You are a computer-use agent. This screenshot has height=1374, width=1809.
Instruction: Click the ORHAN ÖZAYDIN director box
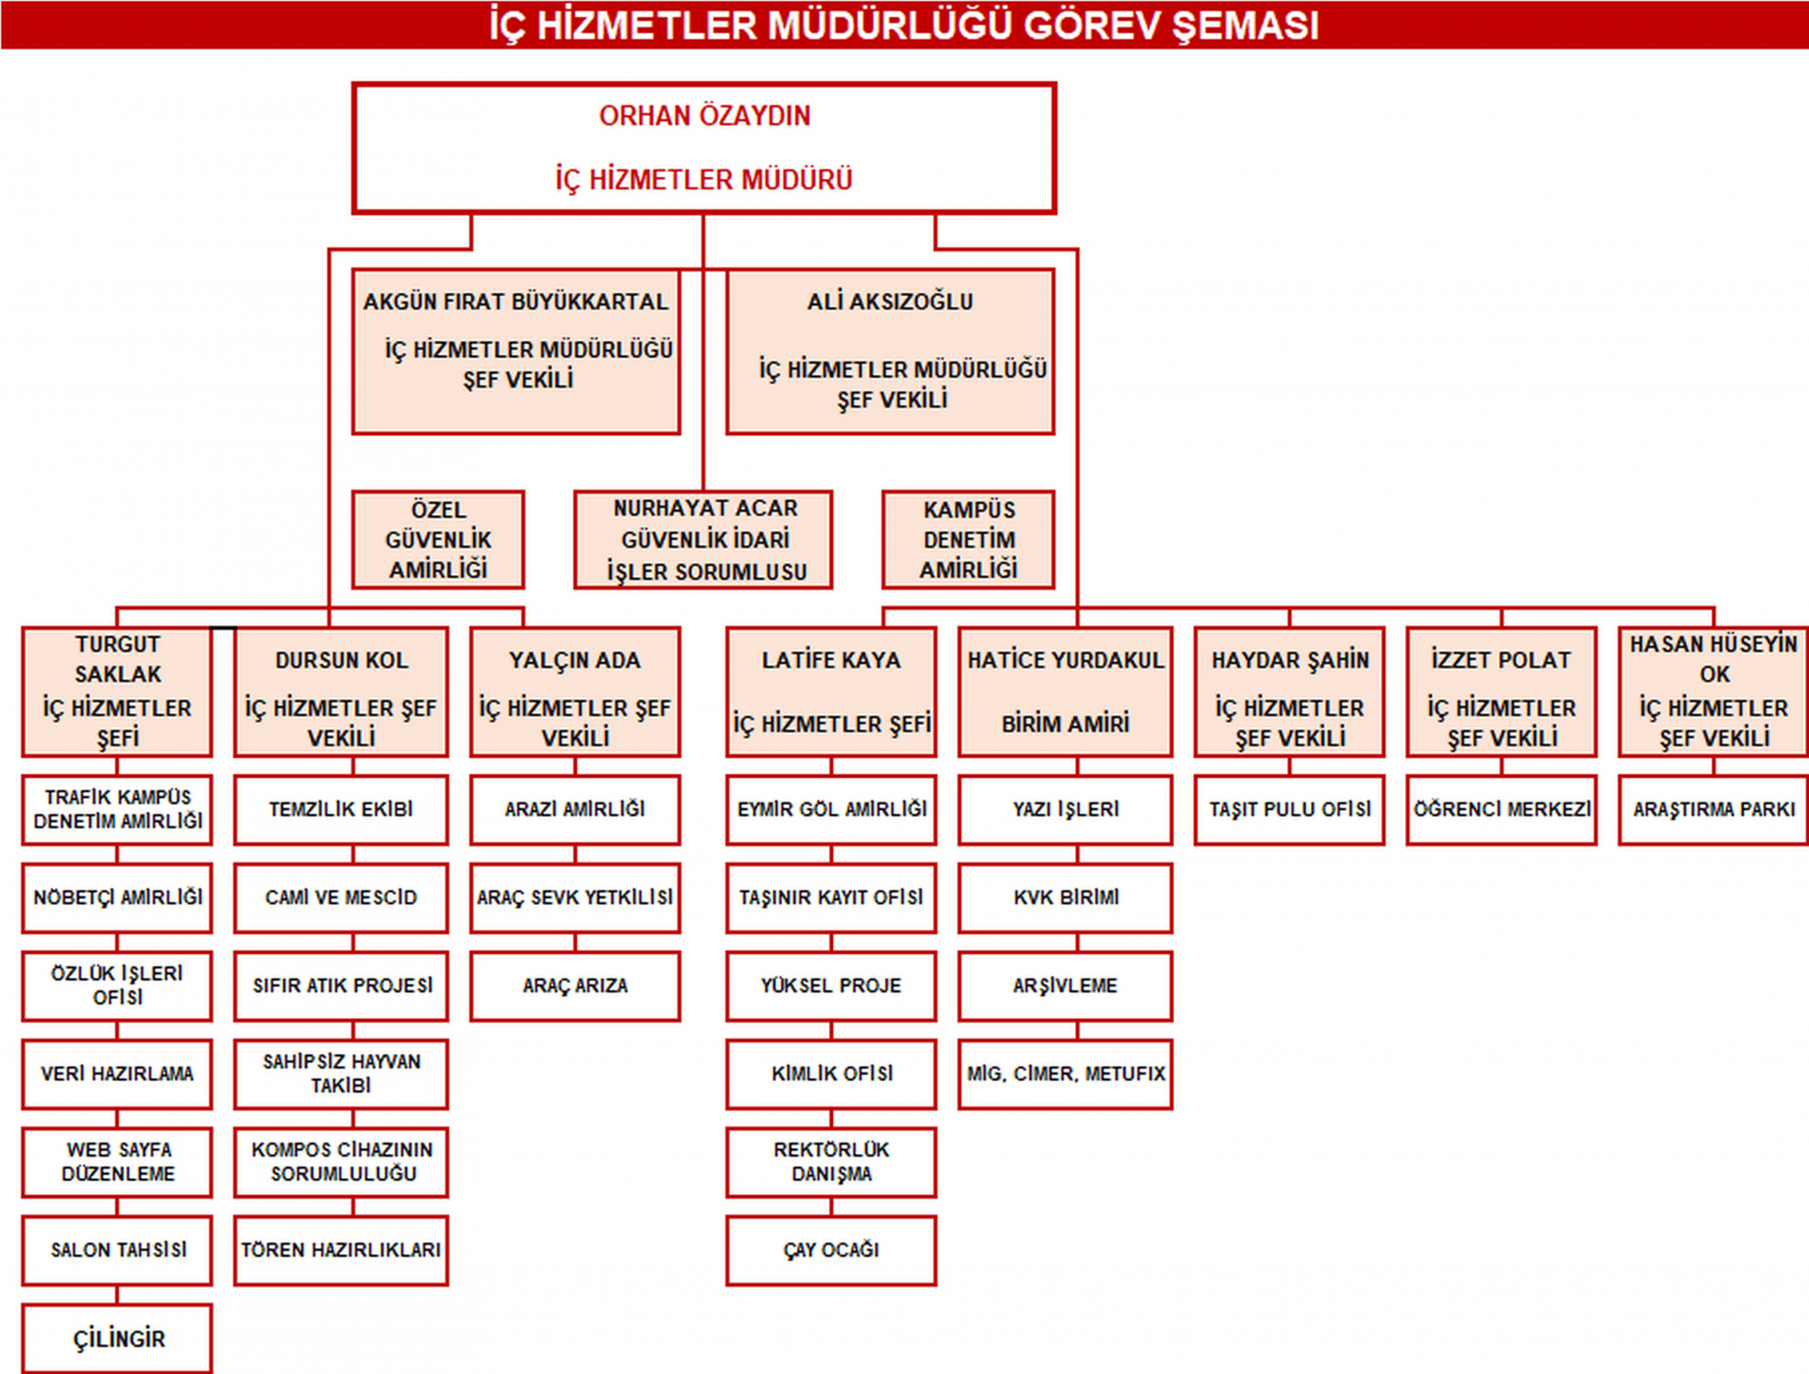pos(704,148)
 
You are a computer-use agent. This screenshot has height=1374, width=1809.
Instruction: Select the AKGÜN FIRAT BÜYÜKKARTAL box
pos(516,351)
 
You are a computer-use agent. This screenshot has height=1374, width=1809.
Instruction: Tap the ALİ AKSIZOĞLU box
pos(890,351)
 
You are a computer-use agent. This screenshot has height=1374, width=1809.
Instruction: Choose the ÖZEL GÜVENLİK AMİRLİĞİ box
pos(438,540)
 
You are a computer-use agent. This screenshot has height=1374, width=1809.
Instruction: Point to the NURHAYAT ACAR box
pos(704,540)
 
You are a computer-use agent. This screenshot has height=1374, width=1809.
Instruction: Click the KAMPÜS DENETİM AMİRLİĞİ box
pos(968,540)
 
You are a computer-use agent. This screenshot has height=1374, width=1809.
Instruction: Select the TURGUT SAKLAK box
pos(117,691)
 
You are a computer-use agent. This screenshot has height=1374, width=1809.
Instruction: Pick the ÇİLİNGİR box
pos(117,1339)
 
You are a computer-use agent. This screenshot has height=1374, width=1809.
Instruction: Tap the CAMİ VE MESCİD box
pos(341,897)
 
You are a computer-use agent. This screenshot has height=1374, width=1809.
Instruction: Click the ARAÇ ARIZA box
pos(575,986)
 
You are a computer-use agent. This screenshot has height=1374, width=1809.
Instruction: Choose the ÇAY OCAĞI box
pos(831,1250)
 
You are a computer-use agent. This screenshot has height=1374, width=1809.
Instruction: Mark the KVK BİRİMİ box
pos(1065,897)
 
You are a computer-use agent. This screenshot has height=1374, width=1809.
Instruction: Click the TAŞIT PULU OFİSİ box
pos(1289,809)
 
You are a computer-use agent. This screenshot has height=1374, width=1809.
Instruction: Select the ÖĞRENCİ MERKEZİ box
pos(1501,809)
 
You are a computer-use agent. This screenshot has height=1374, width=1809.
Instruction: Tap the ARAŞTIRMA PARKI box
pos(1714,809)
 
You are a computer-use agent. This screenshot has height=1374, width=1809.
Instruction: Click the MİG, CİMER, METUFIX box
pos(1065,1074)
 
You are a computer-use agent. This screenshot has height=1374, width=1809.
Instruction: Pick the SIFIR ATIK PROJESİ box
pos(341,986)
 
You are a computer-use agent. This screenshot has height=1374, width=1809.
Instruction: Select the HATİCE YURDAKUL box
pos(1065,691)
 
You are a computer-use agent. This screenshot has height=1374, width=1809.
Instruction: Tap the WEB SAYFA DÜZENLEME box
pos(117,1162)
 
